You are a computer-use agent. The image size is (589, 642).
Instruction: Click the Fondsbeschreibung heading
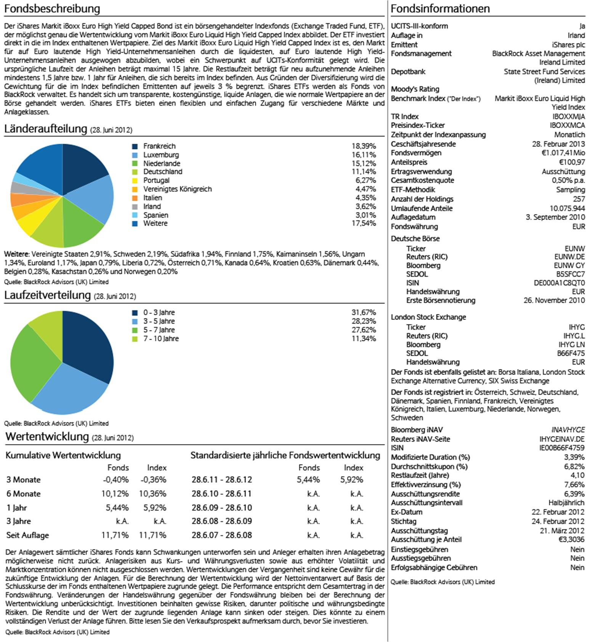click(52, 9)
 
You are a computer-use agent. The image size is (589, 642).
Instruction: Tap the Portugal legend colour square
click(135, 180)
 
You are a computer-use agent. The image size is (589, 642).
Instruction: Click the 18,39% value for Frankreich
click(363, 146)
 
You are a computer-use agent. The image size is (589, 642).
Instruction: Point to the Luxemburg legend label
click(161, 155)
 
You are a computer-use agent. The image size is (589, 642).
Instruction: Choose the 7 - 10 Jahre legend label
click(161, 339)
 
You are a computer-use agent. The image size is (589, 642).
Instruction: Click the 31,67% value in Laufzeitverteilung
click(363, 312)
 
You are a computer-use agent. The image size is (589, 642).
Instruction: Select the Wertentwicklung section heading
click(47, 437)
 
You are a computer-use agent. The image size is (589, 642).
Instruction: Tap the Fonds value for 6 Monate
click(115, 494)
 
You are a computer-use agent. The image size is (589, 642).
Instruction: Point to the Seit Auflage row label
click(27, 535)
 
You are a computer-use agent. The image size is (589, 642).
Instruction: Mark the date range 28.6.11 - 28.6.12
click(221, 480)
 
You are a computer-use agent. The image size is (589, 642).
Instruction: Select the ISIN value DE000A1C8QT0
click(559, 283)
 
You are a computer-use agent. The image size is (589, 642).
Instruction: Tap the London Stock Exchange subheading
click(428, 317)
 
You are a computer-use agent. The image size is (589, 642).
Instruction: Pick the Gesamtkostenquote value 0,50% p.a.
click(568, 180)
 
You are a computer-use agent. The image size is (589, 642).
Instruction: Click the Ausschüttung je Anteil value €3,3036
click(571, 539)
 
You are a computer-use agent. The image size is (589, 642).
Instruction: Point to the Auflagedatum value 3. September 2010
click(555, 217)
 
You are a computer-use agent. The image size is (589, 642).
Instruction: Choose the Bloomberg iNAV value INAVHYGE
click(568, 430)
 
